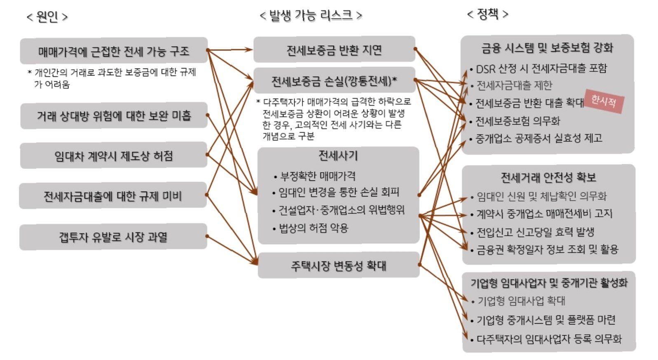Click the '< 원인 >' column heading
47,17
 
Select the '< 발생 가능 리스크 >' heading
311,16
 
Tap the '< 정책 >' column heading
487,14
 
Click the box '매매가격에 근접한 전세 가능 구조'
113,51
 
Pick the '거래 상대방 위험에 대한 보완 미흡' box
113,116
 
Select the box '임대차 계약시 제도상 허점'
113,156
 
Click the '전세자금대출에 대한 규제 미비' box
112,196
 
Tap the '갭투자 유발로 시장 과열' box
113,237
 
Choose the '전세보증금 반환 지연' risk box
334,50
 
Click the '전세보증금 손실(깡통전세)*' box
334,81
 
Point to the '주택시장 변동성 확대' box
338,265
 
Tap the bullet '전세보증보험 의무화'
518,121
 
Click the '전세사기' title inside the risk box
338,155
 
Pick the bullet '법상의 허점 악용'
313,228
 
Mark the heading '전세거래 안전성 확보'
548,178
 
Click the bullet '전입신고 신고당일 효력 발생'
535,232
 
